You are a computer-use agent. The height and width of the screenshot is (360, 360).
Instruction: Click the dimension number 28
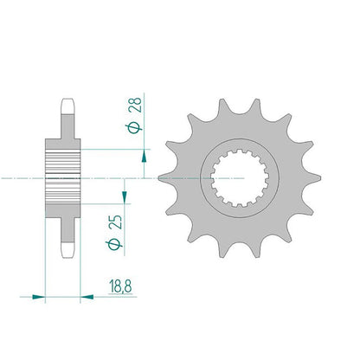(135, 105)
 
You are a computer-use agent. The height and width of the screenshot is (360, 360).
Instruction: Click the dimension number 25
(116, 222)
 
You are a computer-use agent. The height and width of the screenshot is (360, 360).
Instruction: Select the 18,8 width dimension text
(120, 286)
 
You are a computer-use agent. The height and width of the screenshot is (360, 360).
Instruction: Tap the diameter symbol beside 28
(135, 128)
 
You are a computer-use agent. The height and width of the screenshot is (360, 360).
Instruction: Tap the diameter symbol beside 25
(115, 244)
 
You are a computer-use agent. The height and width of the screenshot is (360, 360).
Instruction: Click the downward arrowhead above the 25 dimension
(125, 197)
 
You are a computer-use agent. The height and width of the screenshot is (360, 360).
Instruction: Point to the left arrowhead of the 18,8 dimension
(39, 297)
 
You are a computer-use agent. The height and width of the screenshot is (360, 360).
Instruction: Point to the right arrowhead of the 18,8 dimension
(87, 297)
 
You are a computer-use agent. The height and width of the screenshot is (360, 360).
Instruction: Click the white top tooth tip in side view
(67, 106)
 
